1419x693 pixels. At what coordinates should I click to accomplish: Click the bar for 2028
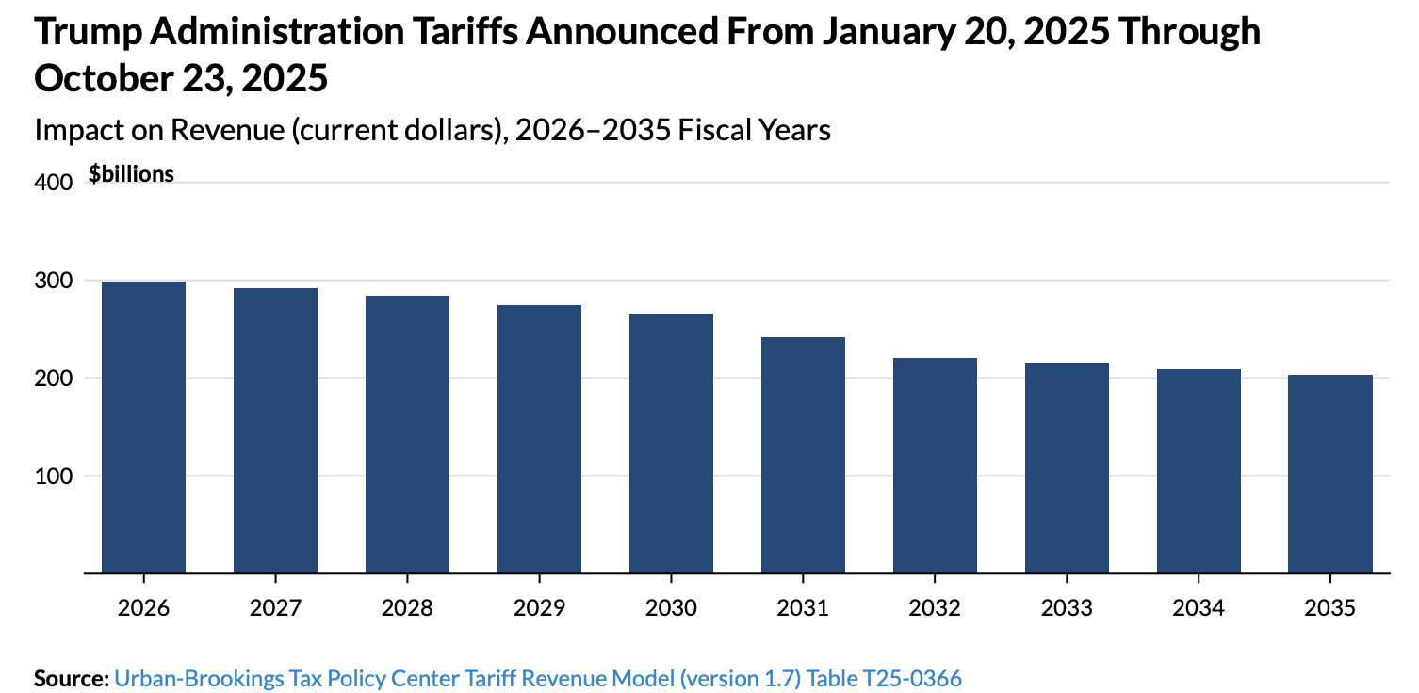[407, 434]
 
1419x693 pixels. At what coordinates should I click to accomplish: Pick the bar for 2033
[1067, 468]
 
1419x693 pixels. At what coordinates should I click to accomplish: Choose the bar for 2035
[1330, 474]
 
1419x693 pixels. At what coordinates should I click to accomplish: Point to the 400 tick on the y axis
[54, 183]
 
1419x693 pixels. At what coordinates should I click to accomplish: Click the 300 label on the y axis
[54, 281]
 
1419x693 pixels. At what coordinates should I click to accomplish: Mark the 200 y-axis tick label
[54, 379]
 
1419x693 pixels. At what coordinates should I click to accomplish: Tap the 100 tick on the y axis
[54, 475]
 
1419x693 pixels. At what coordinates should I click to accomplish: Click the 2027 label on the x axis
[275, 607]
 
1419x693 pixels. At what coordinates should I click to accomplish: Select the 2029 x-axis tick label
[539, 607]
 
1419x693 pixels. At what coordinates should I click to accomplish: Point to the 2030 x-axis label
[671, 607]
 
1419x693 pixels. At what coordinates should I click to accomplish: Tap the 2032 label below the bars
[935, 607]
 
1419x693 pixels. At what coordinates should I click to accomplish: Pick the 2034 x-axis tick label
[1199, 607]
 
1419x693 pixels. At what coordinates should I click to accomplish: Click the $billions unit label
[131, 174]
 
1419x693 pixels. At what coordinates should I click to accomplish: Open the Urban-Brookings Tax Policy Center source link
[538, 678]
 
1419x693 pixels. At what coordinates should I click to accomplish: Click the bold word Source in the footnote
[71, 678]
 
